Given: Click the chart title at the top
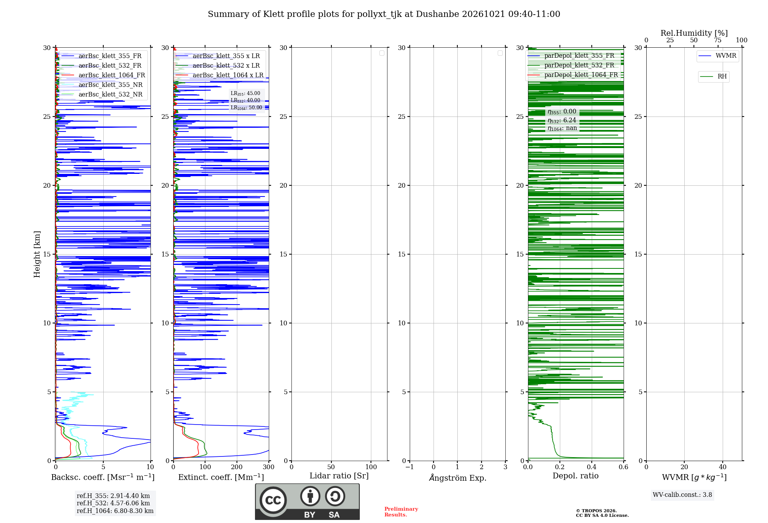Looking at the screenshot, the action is tap(384, 14).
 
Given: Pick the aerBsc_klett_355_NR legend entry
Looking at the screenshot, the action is tap(102, 85).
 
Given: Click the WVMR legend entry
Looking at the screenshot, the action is tap(717, 56).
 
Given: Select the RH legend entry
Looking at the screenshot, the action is tap(713, 77).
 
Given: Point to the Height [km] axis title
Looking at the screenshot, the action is tap(37, 254).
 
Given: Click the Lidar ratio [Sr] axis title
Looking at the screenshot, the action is tap(339, 476).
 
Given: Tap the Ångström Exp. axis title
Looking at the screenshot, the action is tap(458, 477).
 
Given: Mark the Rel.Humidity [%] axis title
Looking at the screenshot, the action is tap(694, 33).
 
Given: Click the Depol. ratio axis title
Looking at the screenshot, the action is tap(576, 476).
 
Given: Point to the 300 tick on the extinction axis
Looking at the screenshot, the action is tap(269, 467).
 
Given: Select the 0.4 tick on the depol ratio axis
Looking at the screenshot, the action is tap(592, 467).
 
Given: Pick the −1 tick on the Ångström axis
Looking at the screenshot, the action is tap(410, 467).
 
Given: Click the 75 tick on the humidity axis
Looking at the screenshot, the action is tap(718, 40).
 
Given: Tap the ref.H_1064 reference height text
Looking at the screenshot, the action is tap(115, 511).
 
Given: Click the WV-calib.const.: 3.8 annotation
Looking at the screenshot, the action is tap(682, 495).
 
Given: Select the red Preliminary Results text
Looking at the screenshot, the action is tap(401, 512).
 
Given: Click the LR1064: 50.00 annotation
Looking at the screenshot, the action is tap(246, 108).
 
